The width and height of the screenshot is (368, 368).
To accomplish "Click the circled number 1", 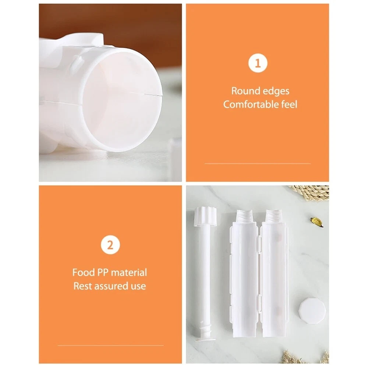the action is [258, 63].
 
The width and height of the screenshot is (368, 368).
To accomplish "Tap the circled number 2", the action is [110, 245].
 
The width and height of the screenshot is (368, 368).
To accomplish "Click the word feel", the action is [289, 105].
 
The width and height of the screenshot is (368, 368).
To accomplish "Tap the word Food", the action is [82, 273].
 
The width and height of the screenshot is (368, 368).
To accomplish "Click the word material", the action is [129, 273].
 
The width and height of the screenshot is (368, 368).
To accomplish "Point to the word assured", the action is [111, 286].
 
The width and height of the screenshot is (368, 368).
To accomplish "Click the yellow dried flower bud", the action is [317, 222].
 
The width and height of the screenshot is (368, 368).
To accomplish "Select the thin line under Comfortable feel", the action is [258, 163].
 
